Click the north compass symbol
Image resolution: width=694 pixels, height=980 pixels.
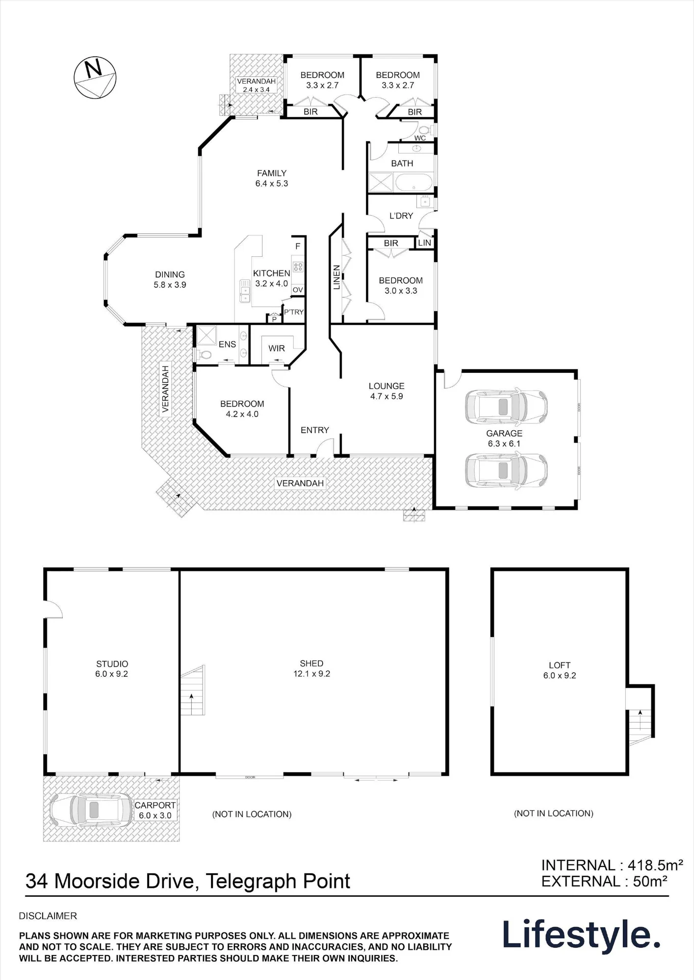tap(95, 78)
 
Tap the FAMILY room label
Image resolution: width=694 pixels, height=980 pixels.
tap(272, 173)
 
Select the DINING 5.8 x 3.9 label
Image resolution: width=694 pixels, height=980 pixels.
tap(170, 280)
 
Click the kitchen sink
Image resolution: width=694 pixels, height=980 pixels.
tap(244, 291)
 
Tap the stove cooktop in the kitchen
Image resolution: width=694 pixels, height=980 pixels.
tap(298, 267)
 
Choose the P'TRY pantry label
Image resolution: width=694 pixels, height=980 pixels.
tap(294, 312)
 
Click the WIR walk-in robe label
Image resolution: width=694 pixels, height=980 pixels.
tap(277, 348)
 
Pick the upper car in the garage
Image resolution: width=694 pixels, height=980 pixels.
tap(506, 407)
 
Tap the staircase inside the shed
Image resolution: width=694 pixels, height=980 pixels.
tap(192, 690)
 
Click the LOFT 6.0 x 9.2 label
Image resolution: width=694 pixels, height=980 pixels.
tap(560, 670)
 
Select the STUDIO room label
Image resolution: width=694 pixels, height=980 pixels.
tap(112, 664)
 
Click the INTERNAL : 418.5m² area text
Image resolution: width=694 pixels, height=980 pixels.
tap(612, 865)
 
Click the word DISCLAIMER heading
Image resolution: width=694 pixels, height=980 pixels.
tap(48, 916)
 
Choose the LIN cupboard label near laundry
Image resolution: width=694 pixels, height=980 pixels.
tap(425, 243)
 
